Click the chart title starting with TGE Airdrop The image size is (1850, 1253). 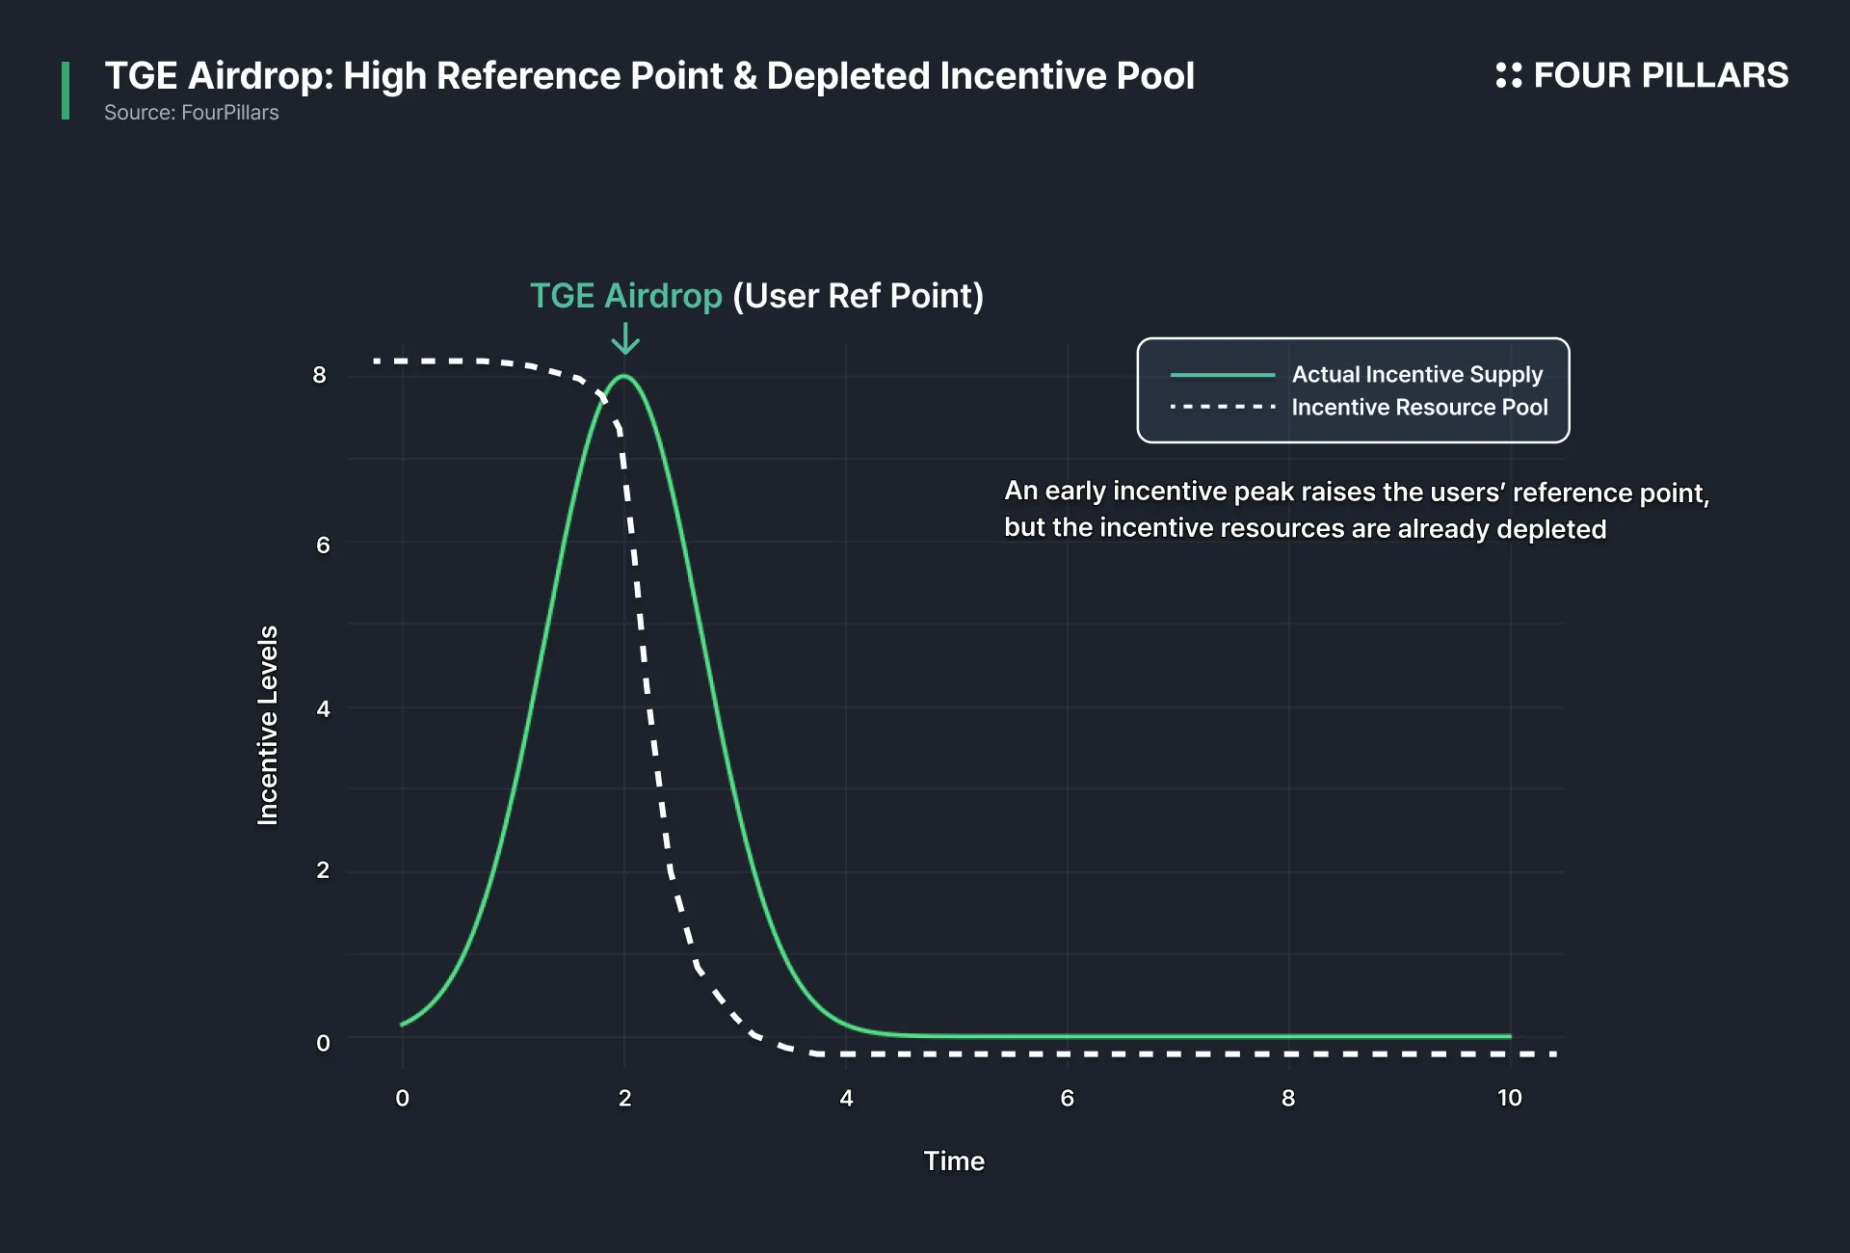649,76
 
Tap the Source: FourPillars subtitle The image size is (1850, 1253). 192,113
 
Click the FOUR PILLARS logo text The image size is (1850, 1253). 1660,75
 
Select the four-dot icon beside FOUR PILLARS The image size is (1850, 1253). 1508,75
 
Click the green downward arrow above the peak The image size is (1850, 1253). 625,338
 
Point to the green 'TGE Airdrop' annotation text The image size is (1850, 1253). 626,296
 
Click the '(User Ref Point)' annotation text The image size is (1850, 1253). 859,296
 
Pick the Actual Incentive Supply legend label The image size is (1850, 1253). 1417,374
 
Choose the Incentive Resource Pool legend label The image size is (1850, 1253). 1420,407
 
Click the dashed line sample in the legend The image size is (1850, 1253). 1223,407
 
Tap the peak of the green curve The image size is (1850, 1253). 625,376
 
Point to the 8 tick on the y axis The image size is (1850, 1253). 320,375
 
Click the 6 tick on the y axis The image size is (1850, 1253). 323,545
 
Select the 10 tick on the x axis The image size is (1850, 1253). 1510,1098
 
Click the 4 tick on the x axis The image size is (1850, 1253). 846,1098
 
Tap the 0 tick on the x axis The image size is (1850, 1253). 403,1098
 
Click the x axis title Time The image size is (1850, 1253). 954,1160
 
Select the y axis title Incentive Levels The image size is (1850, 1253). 268,725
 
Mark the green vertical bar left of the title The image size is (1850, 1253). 66,91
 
